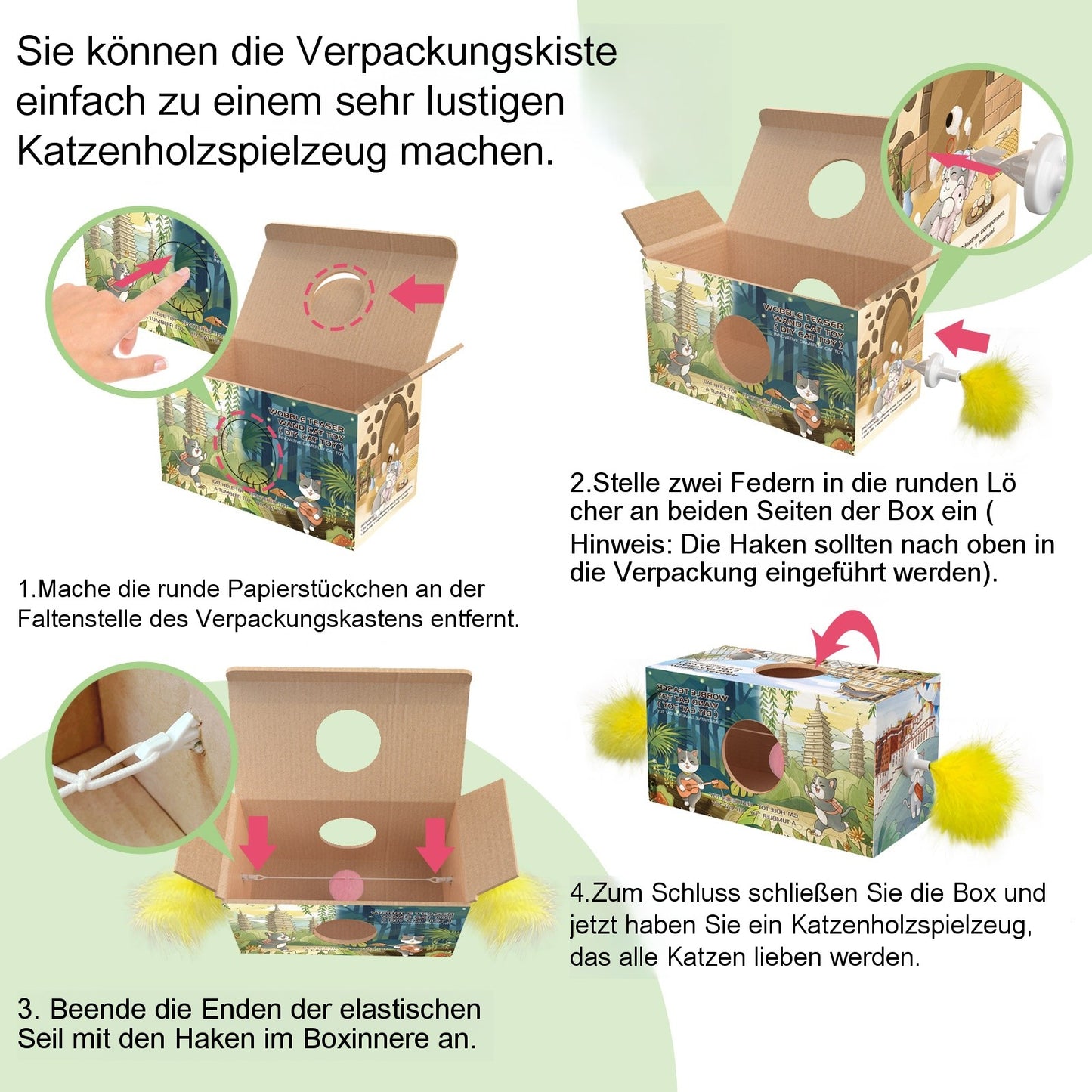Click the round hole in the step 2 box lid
[x=836, y=188]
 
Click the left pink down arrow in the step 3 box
[x=258, y=841]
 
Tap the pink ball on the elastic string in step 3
[x=347, y=882]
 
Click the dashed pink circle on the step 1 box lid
[x=339, y=296]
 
